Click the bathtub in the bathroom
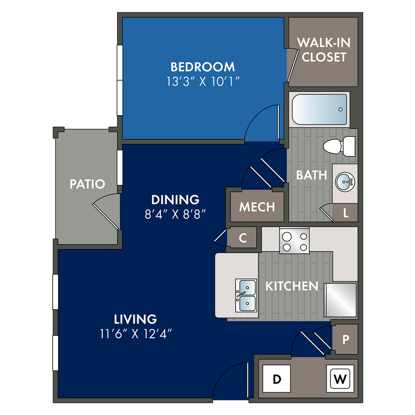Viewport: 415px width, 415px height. tap(319, 109)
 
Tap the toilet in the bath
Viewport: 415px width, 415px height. tap(339, 147)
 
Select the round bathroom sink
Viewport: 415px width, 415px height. tap(345, 182)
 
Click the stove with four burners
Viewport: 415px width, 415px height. tap(295, 240)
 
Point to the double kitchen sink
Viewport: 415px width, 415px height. tap(246, 295)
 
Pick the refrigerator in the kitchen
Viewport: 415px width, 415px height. tap(341, 300)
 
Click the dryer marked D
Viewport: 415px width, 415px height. tap(276, 379)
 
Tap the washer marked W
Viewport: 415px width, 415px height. tap(340, 379)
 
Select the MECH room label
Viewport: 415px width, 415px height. tap(257, 207)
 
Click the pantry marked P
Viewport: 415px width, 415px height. tap(345, 339)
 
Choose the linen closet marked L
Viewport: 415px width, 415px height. tap(345, 212)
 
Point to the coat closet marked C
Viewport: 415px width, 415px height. tap(243, 237)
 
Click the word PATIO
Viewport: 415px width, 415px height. tap(88, 184)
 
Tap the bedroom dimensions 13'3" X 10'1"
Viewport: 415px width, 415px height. tap(203, 82)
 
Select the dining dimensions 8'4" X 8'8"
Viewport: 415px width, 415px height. tap(175, 214)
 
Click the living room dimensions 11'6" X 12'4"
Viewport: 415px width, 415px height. tap(136, 334)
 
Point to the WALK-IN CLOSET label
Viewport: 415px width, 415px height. tap(324, 50)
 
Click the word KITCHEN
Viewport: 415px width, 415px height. tap(292, 286)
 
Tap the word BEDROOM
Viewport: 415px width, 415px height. tap(203, 67)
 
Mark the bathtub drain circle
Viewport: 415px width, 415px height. tap(340, 109)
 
